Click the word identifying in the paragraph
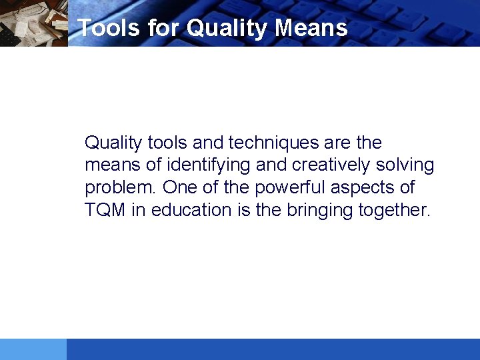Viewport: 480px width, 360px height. pyautogui.click(x=208, y=165)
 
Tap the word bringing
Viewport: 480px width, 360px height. pyautogui.click(x=320, y=210)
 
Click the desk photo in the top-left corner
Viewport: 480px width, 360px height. pyautogui.click(x=33, y=23)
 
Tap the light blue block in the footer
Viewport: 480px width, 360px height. pyautogui.click(x=33, y=349)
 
